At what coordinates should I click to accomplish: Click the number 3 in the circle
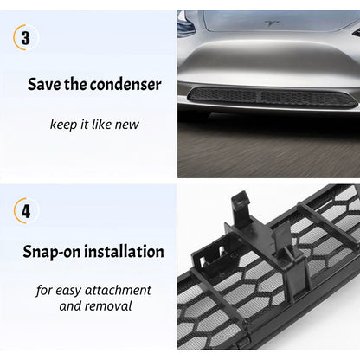26,39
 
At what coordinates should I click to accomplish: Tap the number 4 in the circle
26,211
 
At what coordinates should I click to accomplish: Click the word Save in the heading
44,85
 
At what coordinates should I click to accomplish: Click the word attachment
116,290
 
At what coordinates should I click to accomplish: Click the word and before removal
71,305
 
